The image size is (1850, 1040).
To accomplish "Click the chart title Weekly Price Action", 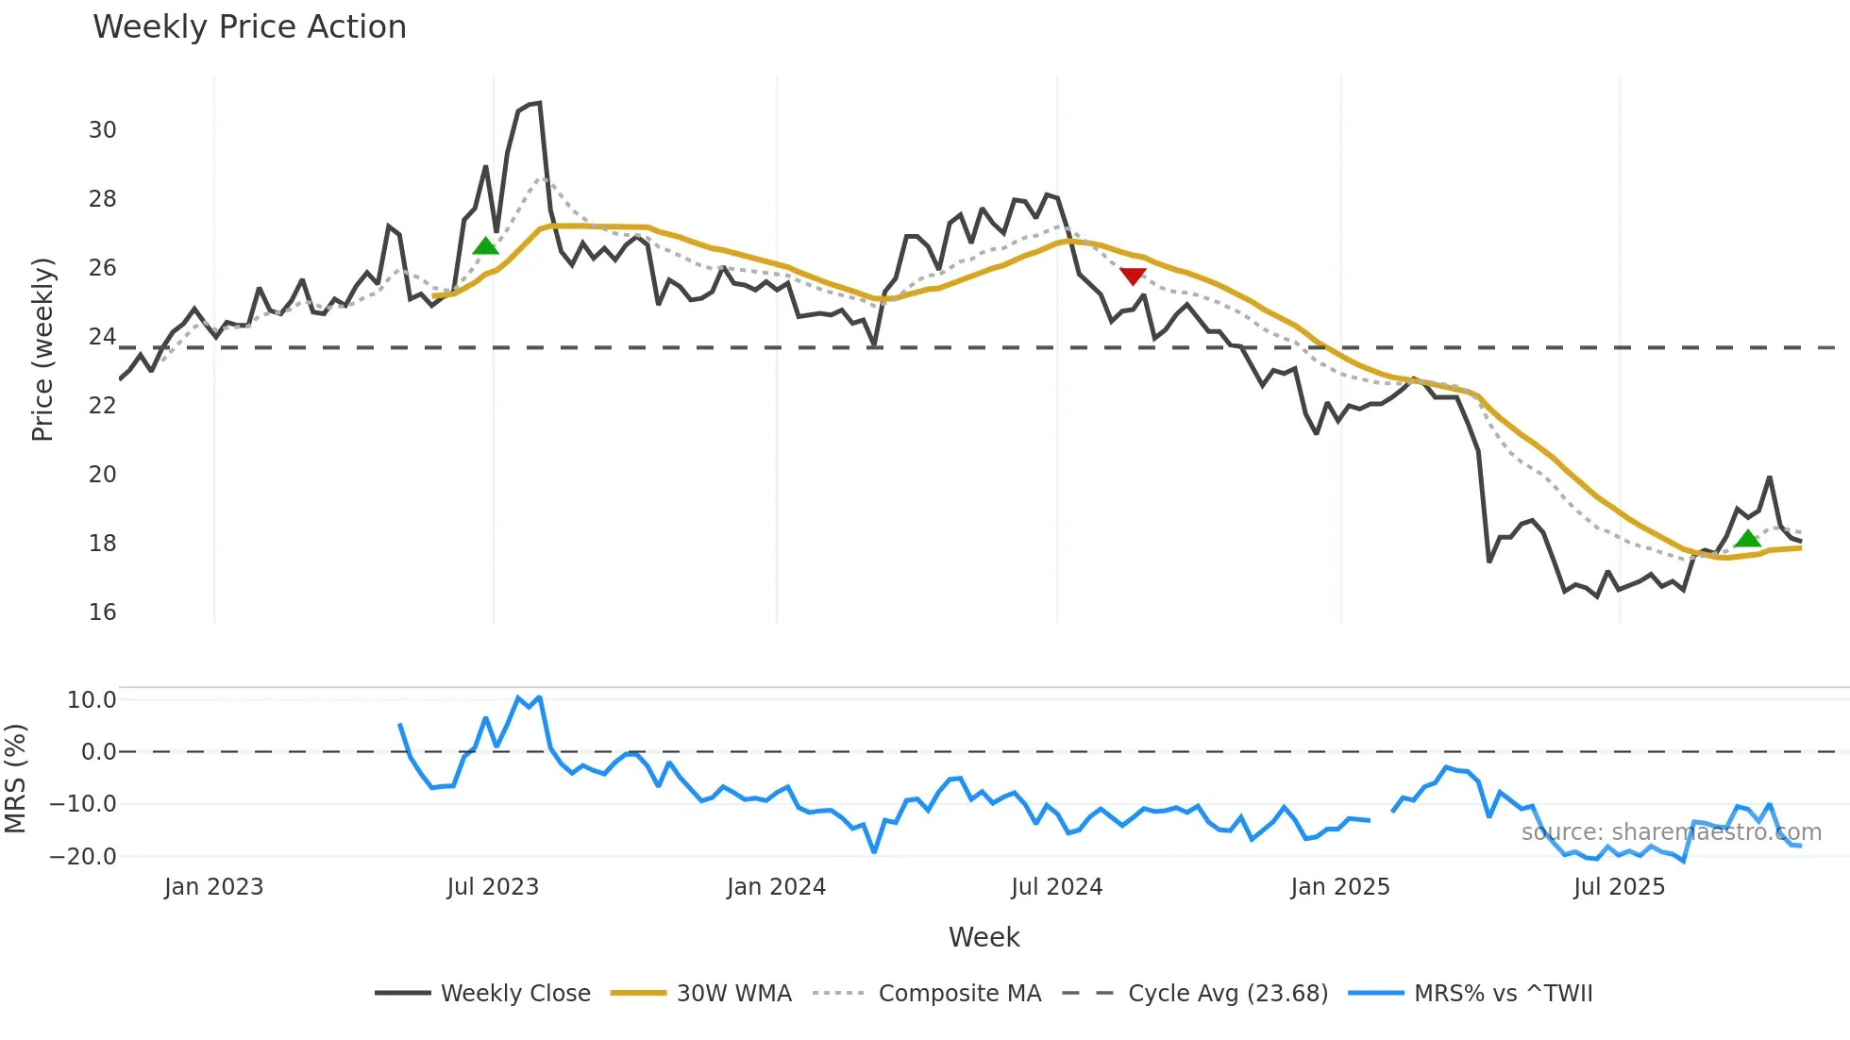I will click(249, 27).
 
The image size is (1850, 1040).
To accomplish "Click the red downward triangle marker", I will click(1133, 276).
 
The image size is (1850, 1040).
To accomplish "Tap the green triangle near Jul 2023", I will click(485, 246).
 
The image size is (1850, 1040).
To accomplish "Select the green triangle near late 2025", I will click(1747, 539).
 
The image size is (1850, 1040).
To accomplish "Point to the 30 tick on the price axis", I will click(102, 130).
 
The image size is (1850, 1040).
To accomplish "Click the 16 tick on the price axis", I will click(102, 612).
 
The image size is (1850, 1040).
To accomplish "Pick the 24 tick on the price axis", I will click(102, 337).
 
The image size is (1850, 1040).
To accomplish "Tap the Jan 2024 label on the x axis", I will click(776, 887).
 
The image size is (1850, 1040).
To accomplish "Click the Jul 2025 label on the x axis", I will click(1619, 887).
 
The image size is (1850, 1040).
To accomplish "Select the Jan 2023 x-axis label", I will click(213, 887).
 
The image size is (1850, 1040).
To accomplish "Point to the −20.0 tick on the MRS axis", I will click(83, 857).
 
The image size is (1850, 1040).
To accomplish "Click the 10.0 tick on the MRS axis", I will click(91, 700).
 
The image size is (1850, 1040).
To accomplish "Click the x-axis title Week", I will click(984, 937).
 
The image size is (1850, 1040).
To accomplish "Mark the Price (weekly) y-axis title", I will click(42, 349).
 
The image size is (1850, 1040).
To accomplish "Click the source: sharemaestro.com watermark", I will click(1671, 832).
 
